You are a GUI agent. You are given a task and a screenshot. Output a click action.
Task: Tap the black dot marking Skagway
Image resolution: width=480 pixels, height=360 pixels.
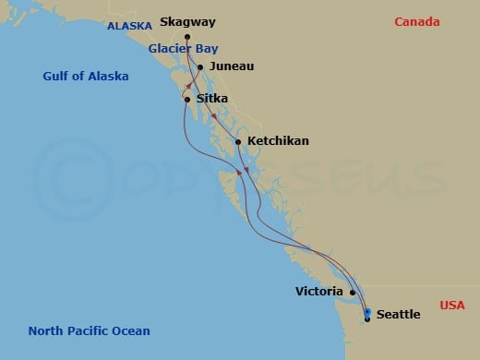coord(187,37)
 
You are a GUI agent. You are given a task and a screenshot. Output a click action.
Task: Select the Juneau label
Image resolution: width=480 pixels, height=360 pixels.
coord(232,66)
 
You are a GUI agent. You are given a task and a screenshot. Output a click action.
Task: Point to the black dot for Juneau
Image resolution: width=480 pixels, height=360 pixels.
coord(200,66)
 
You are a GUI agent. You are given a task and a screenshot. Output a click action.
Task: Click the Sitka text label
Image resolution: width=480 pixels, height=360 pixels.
coord(212,99)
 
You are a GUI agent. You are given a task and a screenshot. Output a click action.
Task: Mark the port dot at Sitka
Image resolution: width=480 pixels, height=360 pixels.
coord(187,99)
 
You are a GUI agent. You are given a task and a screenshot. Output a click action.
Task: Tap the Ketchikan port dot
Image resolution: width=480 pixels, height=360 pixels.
coord(238,141)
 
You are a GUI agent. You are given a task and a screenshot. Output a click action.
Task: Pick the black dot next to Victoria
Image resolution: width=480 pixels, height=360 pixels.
coord(353,292)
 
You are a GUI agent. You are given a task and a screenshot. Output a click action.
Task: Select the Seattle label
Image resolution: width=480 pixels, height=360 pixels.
coord(399,315)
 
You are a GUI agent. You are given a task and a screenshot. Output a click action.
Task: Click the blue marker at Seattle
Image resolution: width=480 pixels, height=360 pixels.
coord(367,312)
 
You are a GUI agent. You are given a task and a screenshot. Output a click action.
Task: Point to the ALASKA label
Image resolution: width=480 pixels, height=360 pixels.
coord(129,27)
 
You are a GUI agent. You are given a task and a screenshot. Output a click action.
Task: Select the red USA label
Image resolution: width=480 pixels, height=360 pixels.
coord(452,305)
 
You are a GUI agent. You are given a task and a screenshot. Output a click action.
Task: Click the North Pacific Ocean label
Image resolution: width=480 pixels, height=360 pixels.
coord(89,330)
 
